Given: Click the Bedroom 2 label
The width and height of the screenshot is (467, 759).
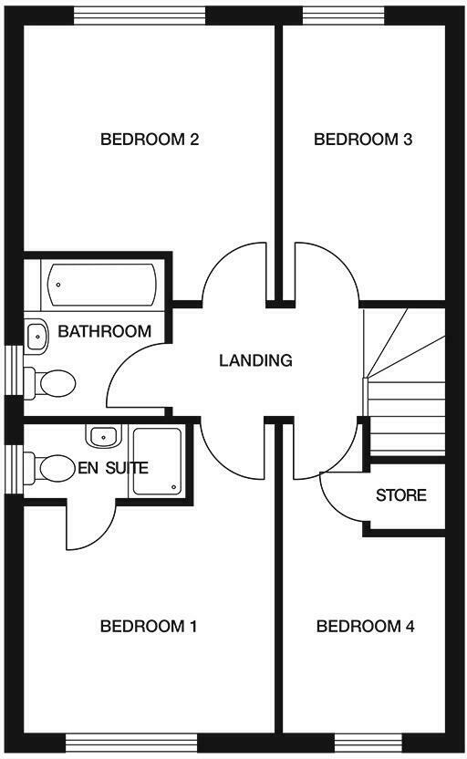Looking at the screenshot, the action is [x=150, y=140].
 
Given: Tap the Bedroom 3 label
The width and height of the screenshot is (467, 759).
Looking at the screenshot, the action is [x=363, y=140].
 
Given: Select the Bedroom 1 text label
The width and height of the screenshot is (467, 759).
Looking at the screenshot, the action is [x=149, y=627].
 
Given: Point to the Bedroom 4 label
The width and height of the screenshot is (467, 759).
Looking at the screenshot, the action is [x=366, y=627].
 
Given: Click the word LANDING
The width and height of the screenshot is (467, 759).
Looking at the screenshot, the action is [x=255, y=360].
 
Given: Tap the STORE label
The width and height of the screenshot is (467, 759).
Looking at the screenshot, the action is [x=401, y=495].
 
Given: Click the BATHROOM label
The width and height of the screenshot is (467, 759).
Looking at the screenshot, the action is [x=105, y=331].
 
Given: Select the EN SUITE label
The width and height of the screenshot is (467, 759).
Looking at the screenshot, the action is [x=113, y=468].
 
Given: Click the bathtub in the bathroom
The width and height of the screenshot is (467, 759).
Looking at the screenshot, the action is [x=101, y=286].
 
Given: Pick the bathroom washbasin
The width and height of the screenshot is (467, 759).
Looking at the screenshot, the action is [x=36, y=334].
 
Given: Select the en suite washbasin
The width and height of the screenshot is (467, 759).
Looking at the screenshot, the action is [x=104, y=436].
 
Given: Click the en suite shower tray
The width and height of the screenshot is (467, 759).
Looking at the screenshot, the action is [x=157, y=462].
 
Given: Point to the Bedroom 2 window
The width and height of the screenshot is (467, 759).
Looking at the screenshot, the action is [x=140, y=16].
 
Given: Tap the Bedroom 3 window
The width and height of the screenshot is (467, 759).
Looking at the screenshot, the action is [x=344, y=16].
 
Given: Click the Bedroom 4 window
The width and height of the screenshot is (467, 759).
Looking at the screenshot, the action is [x=368, y=742].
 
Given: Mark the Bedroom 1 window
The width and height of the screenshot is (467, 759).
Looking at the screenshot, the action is [x=131, y=742].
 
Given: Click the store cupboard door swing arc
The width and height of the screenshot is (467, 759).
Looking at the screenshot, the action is [x=329, y=505].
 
